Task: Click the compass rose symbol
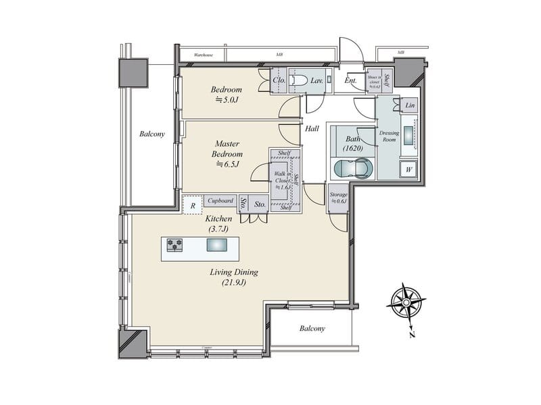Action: coord(405,303)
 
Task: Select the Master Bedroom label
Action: coord(227,153)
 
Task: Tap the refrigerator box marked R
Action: coord(193,205)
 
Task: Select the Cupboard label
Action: coord(220,200)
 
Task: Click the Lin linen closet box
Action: coord(409,106)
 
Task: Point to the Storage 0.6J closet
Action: coord(337,198)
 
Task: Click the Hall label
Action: coord(312,128)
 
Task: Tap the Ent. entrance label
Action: coord(350,81)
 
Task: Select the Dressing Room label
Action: coord(390,136)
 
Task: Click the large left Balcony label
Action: coord(151,134)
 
